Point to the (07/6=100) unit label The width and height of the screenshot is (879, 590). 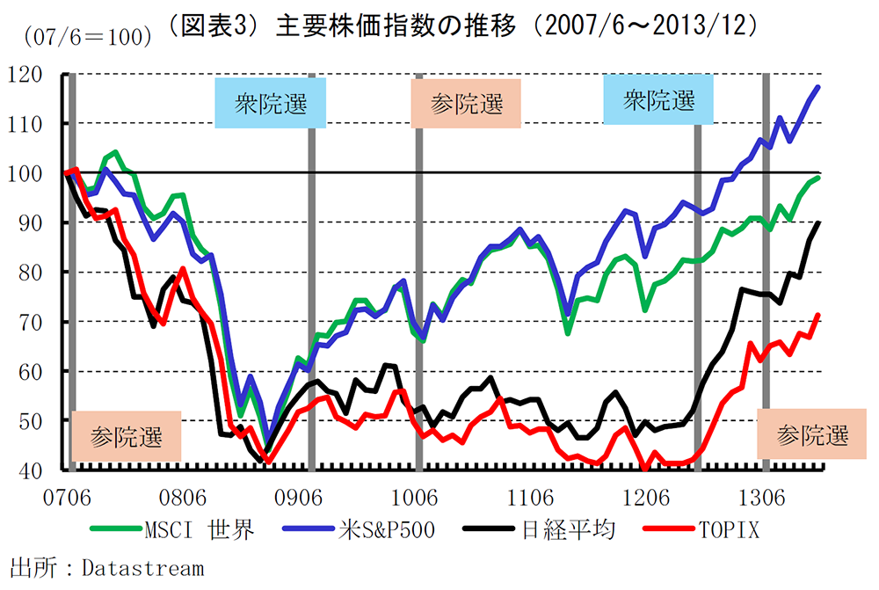(x=90, y=37)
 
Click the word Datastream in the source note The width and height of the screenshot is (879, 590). (x=142, y=568)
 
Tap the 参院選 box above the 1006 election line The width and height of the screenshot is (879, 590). (x=467, y=104)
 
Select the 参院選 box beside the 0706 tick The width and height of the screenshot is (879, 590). (x=127, y=435)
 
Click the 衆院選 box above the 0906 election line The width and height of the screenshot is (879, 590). (x=271, y=103)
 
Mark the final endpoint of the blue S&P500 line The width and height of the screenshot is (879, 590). (x=819, y=86)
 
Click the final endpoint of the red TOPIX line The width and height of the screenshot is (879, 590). (x=819, y=314)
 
